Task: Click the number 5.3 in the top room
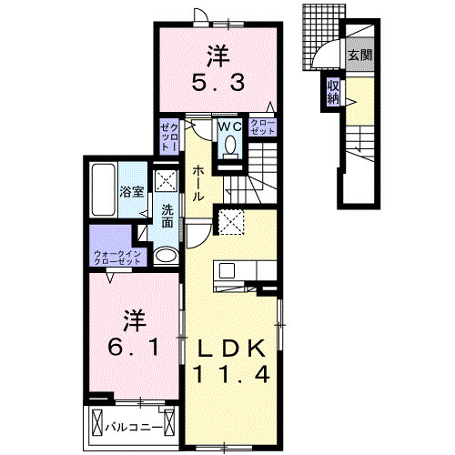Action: pos(217,83)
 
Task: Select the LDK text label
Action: pos(232,347)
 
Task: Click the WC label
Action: pos(228,126)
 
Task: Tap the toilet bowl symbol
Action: pos(229,146)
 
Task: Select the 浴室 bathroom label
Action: pos(132,192)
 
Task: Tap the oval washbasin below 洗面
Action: pos(166,256)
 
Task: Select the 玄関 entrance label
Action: pos(358,56)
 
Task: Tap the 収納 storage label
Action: pos(333,92)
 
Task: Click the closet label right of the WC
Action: pos(263,126)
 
